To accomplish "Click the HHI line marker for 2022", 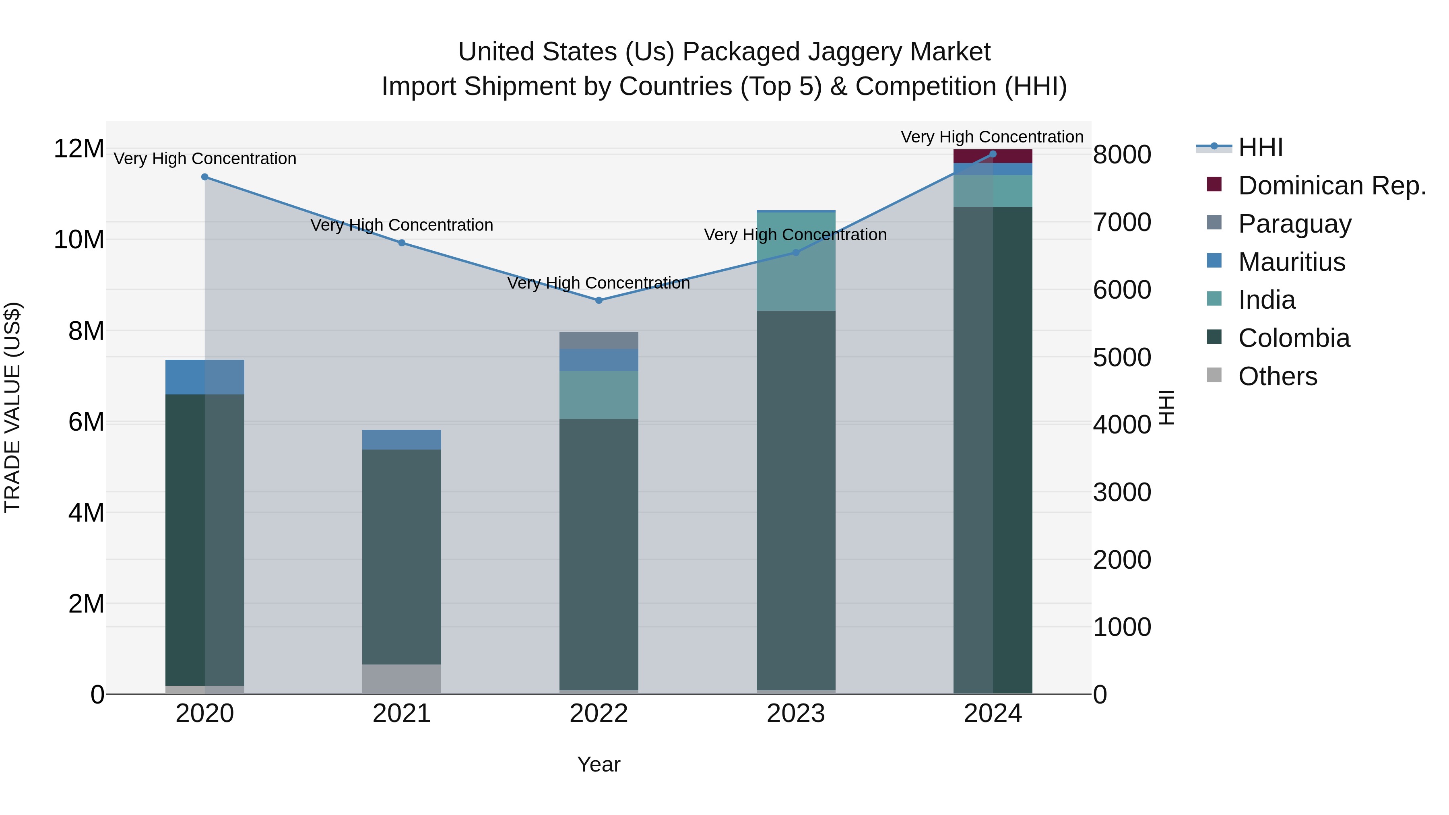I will point(599,300).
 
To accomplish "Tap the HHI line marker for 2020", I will point(205,177).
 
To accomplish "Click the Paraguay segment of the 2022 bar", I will point(599,340).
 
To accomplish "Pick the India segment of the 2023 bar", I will point(795,262).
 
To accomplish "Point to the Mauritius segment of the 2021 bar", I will point(402,440).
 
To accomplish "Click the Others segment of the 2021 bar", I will point(402,679).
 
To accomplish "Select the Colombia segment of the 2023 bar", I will point(795,501).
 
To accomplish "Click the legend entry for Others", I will point(1277,376).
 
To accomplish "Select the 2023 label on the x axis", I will point(795,714).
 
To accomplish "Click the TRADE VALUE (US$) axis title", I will point(12,407).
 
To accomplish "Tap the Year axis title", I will point(599,764).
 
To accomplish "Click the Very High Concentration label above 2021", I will point(402,225).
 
